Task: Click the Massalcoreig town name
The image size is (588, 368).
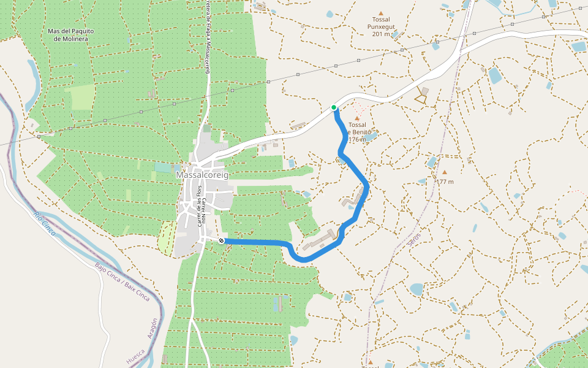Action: pos(202,175)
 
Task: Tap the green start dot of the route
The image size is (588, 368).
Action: pos(334,107)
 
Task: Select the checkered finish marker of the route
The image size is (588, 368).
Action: pos(221,240)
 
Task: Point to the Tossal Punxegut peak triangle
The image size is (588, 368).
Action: pos(380,13)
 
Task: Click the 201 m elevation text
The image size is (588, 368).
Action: pos(381,34)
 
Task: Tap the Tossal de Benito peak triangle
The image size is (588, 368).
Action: pos(357,118)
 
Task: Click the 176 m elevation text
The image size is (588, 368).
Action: pos(356,140)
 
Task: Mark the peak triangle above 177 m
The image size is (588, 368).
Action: pos(445,172)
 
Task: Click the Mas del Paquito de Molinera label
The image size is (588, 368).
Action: pos(71,34)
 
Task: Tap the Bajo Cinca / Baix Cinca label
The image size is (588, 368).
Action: pos(122,282)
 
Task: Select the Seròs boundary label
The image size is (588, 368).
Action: pos(414,240)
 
